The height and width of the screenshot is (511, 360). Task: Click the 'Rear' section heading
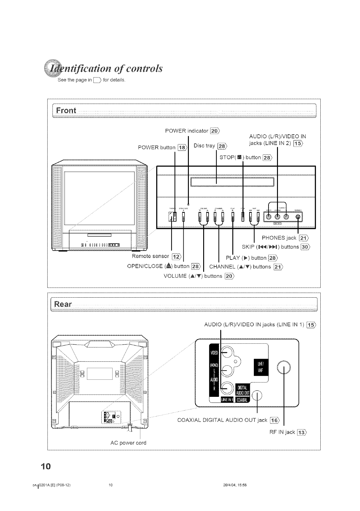63,304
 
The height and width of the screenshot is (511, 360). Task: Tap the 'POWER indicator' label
186,131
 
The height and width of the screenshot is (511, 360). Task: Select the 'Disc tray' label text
204,146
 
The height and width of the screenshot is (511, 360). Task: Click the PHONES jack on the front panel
298,217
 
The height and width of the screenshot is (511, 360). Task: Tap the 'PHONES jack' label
279,238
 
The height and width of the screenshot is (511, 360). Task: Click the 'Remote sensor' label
150,256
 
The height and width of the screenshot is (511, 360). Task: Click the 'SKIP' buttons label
249,247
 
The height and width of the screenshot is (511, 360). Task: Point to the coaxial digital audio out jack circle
258,396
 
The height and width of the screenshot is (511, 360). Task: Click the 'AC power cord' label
128,443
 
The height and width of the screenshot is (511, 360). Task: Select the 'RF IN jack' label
282,432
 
